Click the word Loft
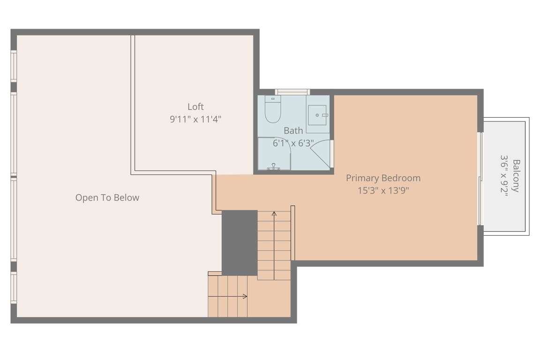[195, 107]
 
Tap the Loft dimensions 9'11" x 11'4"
[195, 120]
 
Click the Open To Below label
[107, 198]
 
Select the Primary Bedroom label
[383, 178]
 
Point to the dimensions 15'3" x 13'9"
[383, 190]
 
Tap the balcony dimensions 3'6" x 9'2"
[504, 176]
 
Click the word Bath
[293, 131]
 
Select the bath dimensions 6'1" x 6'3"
[293, 143]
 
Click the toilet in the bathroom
[273, 109]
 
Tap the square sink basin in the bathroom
[317, 115]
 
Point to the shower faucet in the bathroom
[274, 167]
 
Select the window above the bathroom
[292, 92]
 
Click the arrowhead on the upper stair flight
[274, 214]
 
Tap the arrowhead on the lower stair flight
[245, 296]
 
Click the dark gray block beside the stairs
[240, 243]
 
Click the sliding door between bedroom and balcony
[480, 179]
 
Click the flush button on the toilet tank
[273, 99]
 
